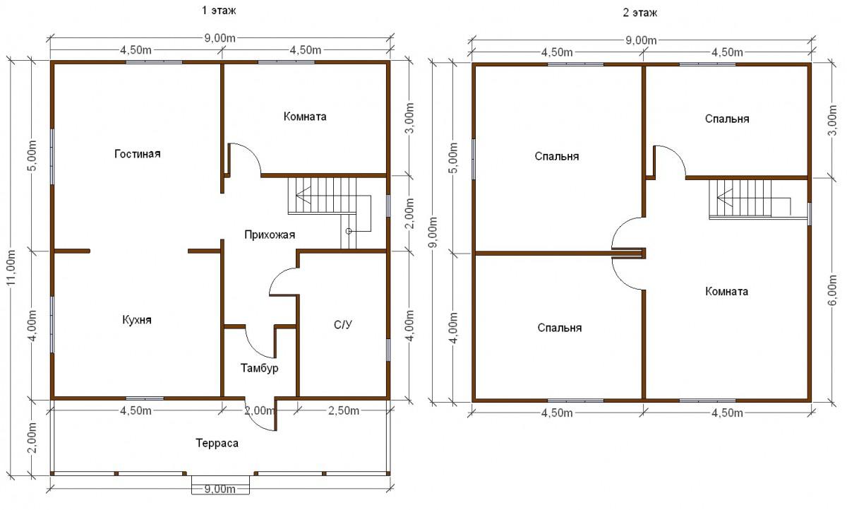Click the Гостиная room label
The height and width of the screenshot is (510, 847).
click(x=137, y=154)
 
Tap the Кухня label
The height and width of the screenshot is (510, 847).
click(x=137, y=320)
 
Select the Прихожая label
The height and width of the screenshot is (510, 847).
click(x=270, y=235)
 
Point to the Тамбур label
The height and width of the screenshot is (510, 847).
click(x=260, y=368)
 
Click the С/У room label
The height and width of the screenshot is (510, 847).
click(x=343, y=325)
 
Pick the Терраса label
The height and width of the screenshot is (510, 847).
click(x=217, y=444)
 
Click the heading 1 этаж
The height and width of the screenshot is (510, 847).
click(x=219, y=10)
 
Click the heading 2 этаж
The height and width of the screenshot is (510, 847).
click(x=639, y=13)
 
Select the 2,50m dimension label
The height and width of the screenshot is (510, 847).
click(x=343, y=411)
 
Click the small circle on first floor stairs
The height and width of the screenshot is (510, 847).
click(x=349, y=231)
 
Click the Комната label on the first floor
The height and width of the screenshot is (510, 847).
click(x=305, y=117)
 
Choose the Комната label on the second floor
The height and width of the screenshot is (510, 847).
click(x=726, y=291)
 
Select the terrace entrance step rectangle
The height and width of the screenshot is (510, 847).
click(x=220, y=485)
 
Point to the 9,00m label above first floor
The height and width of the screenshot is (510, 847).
click(x=220, y=38)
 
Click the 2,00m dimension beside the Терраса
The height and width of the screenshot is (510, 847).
click(x=32, y=437)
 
